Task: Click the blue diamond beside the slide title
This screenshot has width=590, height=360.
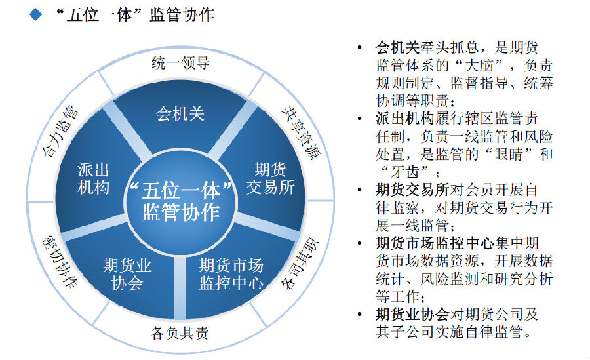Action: (36, 14)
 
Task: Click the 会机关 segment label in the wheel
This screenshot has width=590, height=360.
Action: (180, 113)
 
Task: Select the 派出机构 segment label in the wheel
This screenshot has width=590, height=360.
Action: (93, 178)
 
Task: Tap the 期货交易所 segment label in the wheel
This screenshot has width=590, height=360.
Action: (270, 178)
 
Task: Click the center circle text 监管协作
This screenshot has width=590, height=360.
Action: (181, 212)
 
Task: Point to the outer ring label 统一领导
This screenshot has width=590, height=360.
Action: (181, 63)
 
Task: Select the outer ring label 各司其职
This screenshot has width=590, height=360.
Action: (301, 264)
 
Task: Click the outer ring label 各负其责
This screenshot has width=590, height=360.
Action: (180, 333)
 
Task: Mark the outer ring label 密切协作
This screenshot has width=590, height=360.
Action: (60, 262)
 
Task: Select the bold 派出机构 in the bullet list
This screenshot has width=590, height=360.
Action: (405, 119)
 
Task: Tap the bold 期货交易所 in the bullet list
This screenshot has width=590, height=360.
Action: (412, 190)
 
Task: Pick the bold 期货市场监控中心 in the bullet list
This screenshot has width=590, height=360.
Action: (435, 243)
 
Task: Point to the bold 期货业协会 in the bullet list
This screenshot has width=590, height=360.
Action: (412, 314)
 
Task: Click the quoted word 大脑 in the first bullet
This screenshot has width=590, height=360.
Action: (479, 66)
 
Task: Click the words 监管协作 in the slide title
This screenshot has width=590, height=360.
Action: (182, 15)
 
